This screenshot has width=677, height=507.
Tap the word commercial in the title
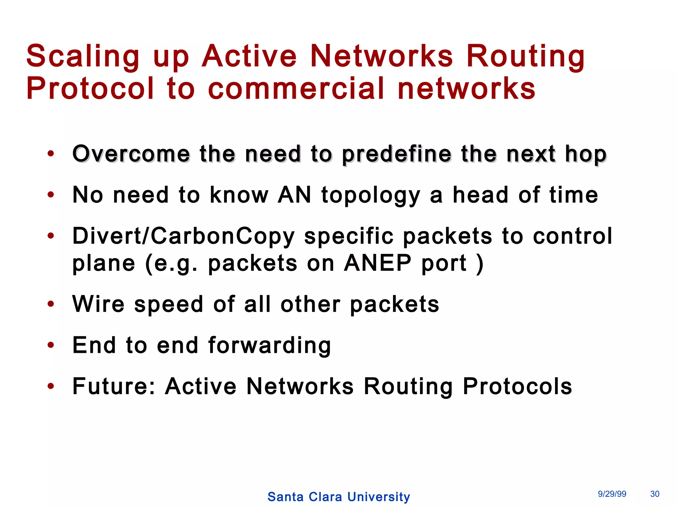pos(296,88)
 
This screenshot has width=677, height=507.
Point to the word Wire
pos(99,304)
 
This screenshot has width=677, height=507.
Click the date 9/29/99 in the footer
pos(612,494)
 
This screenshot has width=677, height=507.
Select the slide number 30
pos(655,494)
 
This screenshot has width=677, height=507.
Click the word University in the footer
pos(378,497)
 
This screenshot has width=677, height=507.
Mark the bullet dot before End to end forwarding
pos(51,345)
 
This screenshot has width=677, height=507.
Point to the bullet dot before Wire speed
pos(51,304)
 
